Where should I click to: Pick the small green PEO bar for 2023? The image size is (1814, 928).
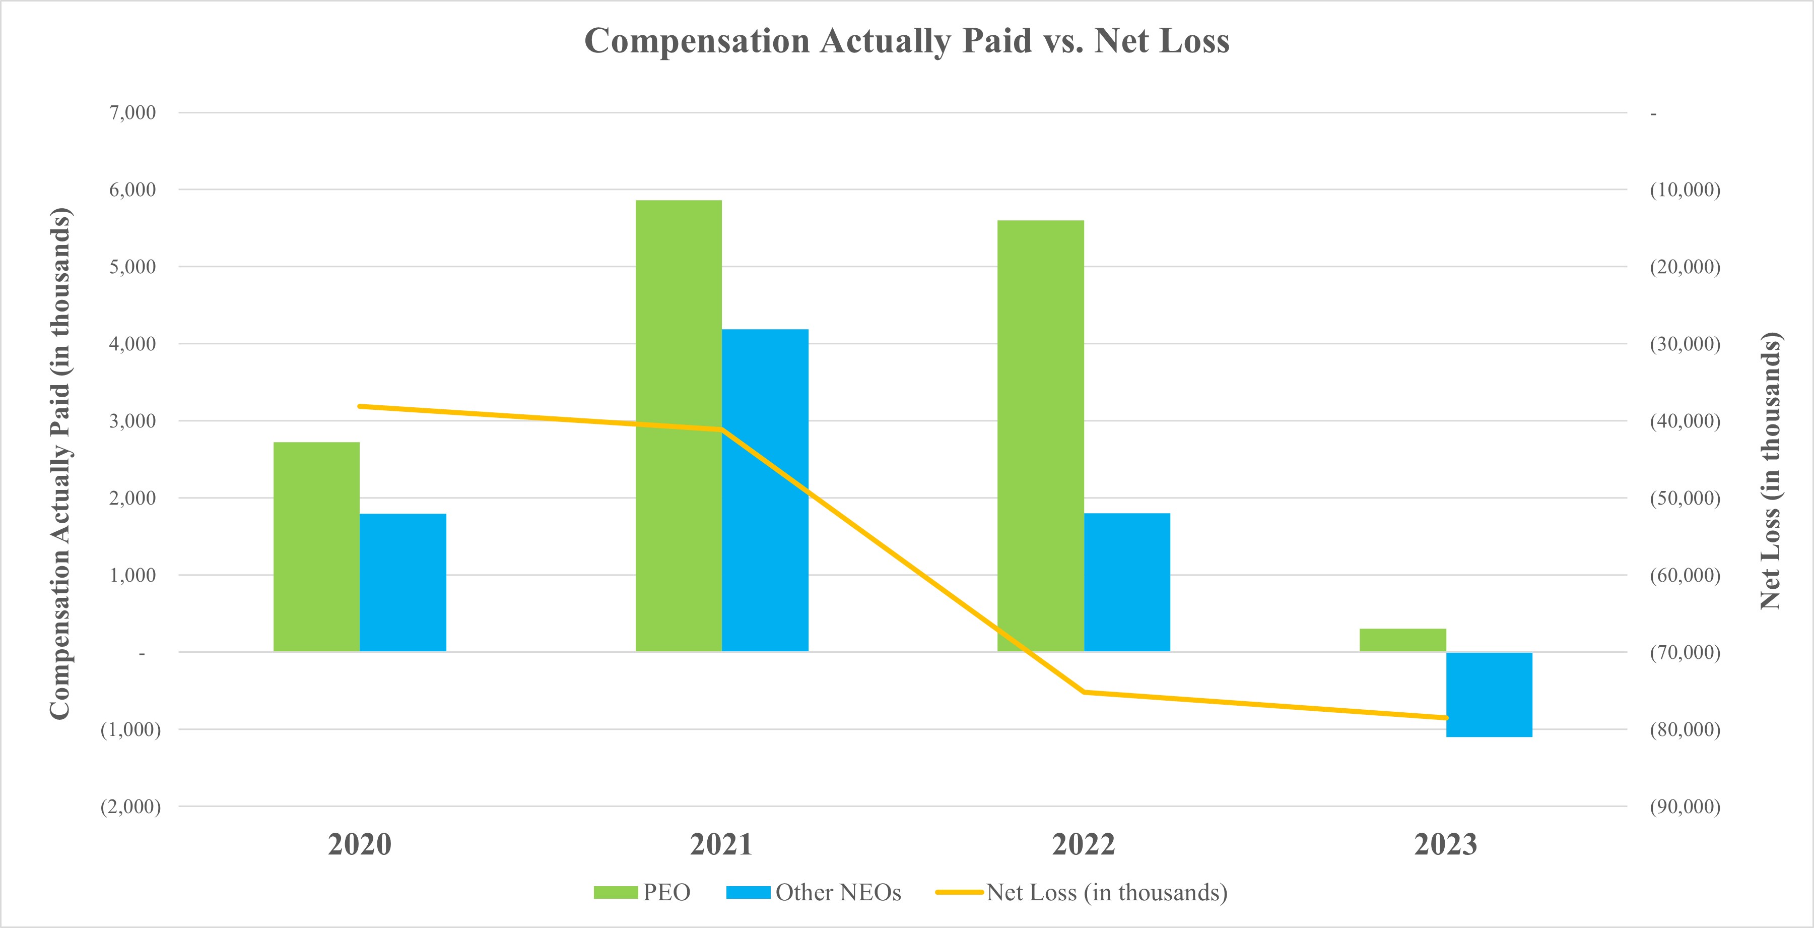click(1402, 640)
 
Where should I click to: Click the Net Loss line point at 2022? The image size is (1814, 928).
click(1085, 692)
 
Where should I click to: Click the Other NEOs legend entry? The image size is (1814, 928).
click(814, 892)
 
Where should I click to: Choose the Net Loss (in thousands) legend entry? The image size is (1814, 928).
click(1082, 892)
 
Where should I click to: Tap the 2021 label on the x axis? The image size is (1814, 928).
click(721, 844)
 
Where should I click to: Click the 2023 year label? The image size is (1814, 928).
click(1445, 844)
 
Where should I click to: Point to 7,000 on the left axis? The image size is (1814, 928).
click(132, 113)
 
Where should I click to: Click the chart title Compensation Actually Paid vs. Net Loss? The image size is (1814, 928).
click(906, 41)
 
